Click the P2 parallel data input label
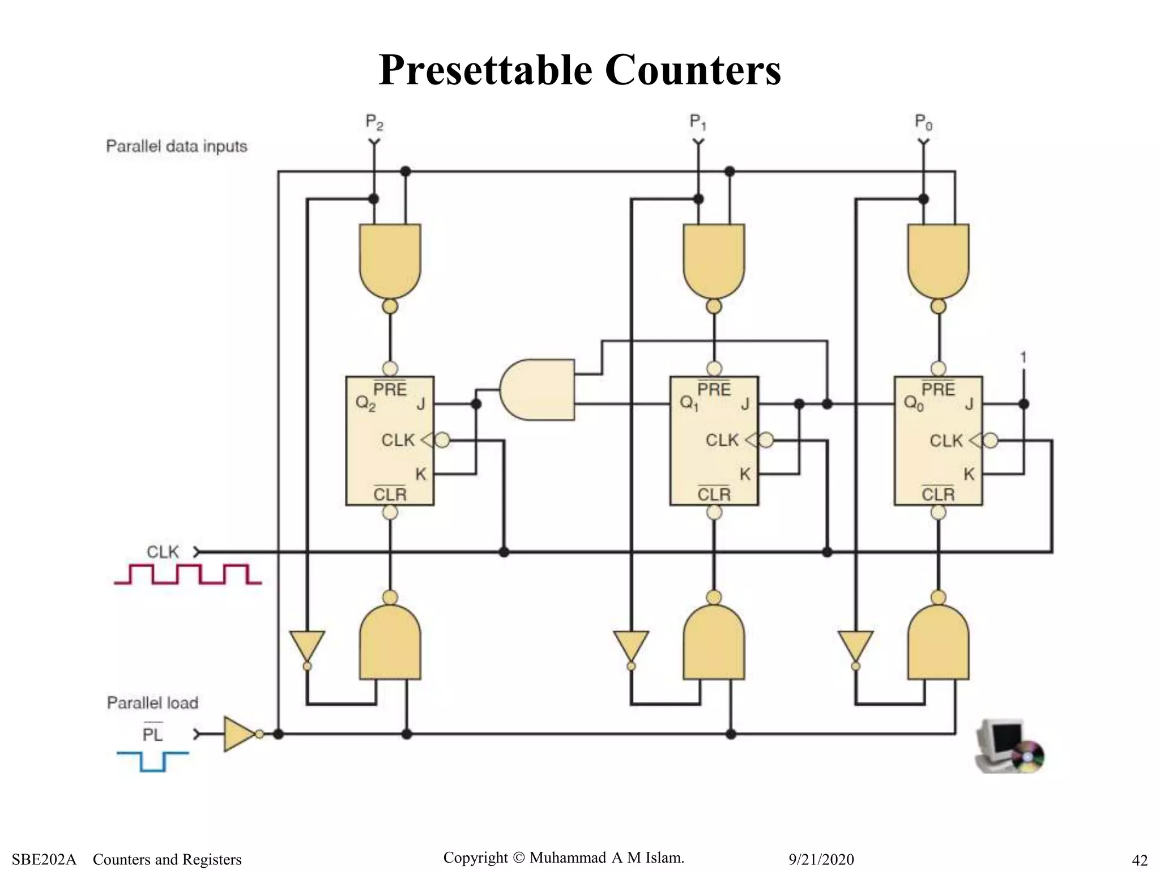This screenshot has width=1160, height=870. pyautogui.click(x=374, y=122)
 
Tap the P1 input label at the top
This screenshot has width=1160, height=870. pyautogui.click(x=698, y=122)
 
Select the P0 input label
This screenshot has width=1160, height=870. pyautogui.click(x=923, y=122)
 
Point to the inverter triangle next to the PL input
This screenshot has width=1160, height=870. pyautogui.click(x=240, y=734)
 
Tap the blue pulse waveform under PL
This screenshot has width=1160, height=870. pyautogui.click(x=152, y=761)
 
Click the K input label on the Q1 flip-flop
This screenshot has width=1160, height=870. pyautogui.click(x=745, y=474)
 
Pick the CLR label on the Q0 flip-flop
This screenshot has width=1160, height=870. pyautogui.click(x=938, y=494)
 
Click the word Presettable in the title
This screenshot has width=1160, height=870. pyautogui.click(x=485, y=70)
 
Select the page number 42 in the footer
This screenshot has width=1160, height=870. pyautogui.click(x=1139, y=860)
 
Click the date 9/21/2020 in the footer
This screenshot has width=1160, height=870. pyautogui.click(x=821, y=859)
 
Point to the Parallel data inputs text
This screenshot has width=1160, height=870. pyautogui.click(x=177, y=147)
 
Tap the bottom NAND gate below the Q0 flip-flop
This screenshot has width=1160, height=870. pyautogui.click(x=938, y=643)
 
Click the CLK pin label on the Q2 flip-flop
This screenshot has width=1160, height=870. pyautogui.click(x=398, y=440)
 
